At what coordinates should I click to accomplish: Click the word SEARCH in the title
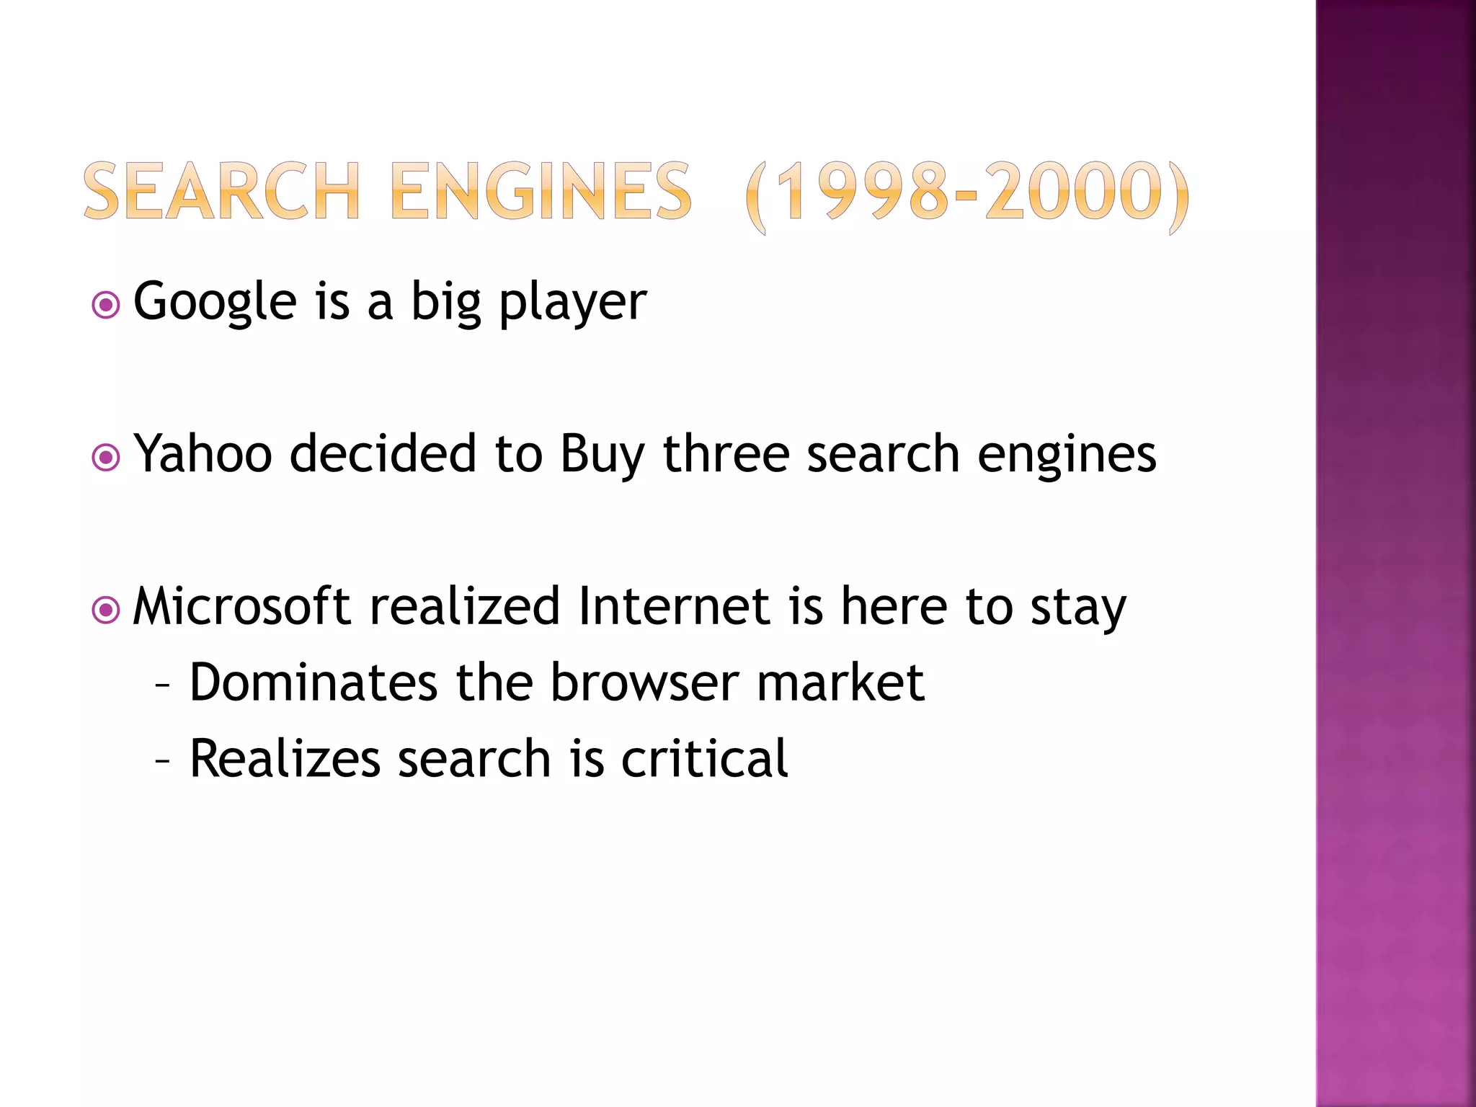pyautogui.click(x=221, y=192)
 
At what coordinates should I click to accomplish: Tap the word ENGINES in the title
pyautogui.click(x=541, y=192)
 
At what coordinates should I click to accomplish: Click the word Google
pyautogui.click(x=215, y=303)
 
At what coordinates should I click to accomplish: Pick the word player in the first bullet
pyautogui.click(x=573, y=303)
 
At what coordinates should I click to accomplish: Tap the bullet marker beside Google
pyautogui.click(x=106, y=305)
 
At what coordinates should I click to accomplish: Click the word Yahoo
pyautogui.click(x=203, y=454)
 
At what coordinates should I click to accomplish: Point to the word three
pyautogui.click(x=726, y=454)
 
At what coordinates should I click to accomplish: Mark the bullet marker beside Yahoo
pyautogui.click(x=106, y=458)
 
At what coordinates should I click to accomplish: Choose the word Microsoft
pyautogui.click(x=242, y=606)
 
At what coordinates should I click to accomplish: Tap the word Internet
pyautogui.click(x=674, y=606)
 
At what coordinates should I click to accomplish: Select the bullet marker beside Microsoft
pyautogui.click(x=106, y=610)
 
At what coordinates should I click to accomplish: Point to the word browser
pyautogui.click(x=644, y=683)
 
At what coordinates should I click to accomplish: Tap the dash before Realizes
pyautogui.click(x=163, y=760)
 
